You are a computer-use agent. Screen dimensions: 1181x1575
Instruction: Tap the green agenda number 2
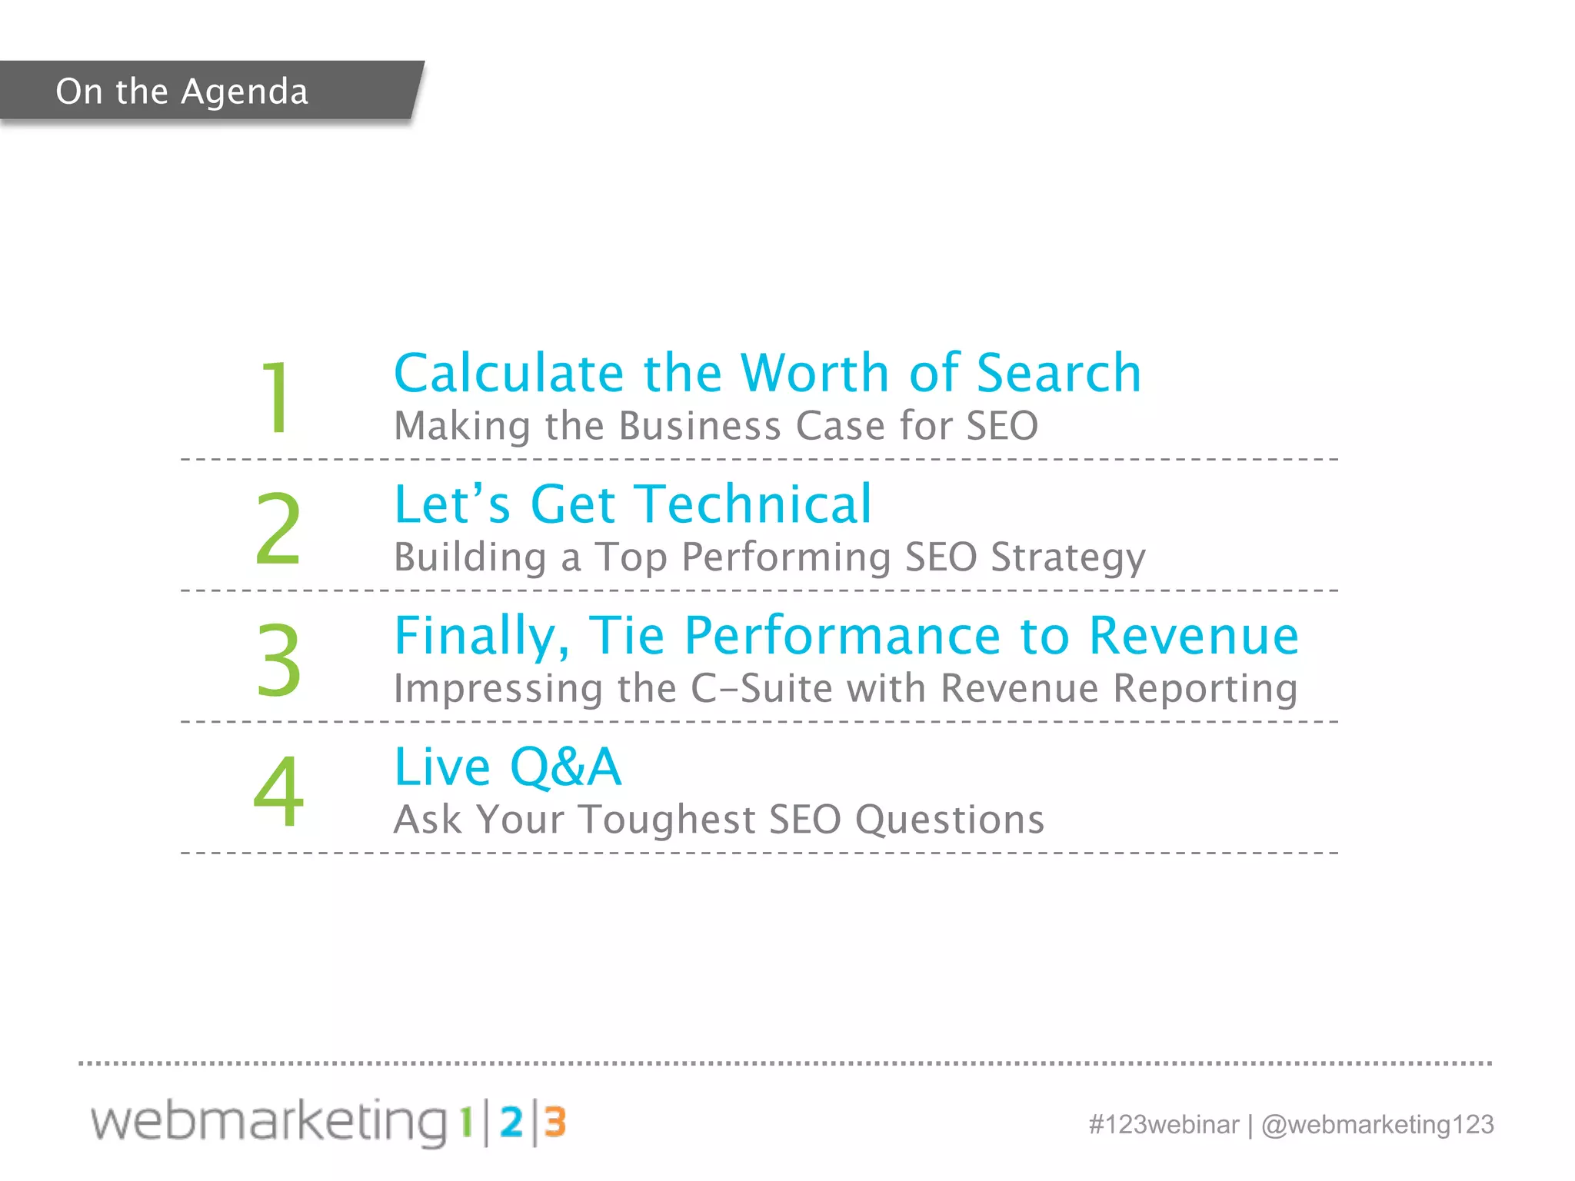pyautogui.click(x=278, y=529)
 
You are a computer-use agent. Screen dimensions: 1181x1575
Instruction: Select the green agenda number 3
pyautogui.click(x=278, y=660)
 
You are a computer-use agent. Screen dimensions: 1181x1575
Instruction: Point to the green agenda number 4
pyautogui.click(x=278, y=791)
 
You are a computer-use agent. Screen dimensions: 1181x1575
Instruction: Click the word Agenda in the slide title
pyautogui.click(x=245, y=92)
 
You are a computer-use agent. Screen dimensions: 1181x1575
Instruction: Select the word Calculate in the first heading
pyautogui.click(x=508, y=373)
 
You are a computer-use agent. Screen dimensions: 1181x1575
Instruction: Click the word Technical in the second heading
pyautogui.click(x=757, y=504)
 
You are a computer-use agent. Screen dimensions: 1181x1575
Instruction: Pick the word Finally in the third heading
pyautogui.click(x=481, y=637)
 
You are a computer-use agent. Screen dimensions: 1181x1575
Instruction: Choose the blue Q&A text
pyautogui.click(x=565, y=767)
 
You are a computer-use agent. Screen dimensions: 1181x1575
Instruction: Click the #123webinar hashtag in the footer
pyautogui.click(x=1164, y=1124)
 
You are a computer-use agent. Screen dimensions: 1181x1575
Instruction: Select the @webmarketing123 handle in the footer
pyautogui.click(x=1377, y=1124)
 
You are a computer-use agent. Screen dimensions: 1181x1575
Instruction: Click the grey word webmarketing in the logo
pyautogui.click(x=269, y=1121)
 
